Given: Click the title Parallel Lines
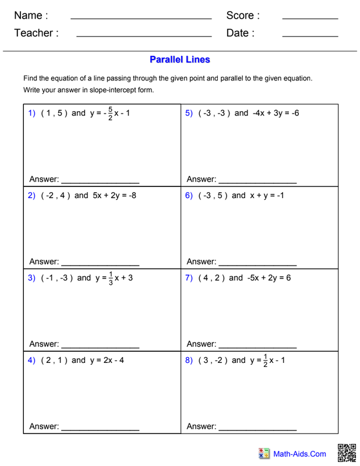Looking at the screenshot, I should pos(179,59).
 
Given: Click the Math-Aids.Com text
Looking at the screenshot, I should pos(300,454).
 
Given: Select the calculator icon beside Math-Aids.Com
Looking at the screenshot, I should pos(264,454).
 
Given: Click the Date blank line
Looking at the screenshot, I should pos(310,37).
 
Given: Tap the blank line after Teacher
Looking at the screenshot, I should pos(143,37).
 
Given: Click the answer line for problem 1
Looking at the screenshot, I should pos(100,183).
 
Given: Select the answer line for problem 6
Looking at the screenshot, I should pos(257,266).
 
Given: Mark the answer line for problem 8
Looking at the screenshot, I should pos(257,430).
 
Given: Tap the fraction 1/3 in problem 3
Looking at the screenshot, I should pos(111,278).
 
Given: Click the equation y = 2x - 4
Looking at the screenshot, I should pos(107,360).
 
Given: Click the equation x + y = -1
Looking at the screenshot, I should pos(267,196).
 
